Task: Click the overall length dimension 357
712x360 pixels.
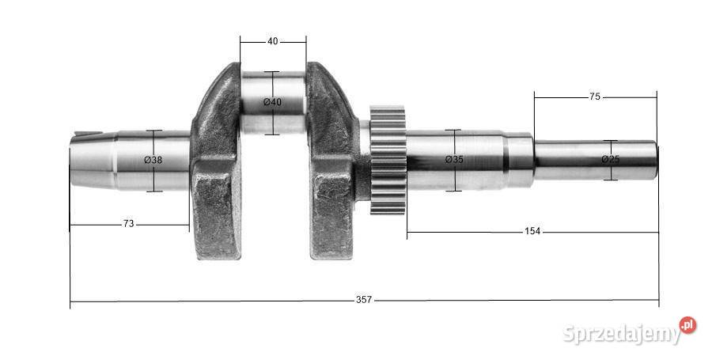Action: (364, 300)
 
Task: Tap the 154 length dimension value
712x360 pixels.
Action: (532, 231)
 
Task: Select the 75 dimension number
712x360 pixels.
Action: (594, 97)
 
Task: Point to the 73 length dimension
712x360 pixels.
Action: (128, 224)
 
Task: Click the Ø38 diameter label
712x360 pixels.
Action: (153, 160)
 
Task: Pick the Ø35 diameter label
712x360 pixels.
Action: (454, 159)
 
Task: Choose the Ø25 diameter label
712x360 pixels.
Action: (610, 159)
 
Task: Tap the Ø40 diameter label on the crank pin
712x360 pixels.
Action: (272, 102)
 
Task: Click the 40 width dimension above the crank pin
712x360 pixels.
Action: (272, 41)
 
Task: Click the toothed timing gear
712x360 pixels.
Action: (388, 160)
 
